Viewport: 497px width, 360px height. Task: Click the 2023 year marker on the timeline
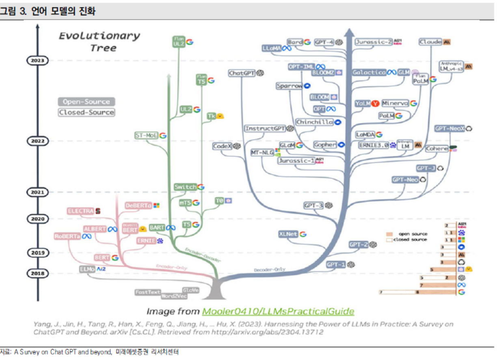(37, 60)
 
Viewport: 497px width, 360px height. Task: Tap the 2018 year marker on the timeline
(37, 274)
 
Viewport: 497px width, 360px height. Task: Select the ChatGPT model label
(242, 73)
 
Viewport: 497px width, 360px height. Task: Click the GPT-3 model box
(313, 206)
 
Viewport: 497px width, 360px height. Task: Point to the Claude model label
(430, 42)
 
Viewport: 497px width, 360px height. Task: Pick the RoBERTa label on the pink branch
(67, 236)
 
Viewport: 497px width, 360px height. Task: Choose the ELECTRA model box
(80, 211)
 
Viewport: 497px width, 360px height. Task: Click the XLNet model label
(288, 234)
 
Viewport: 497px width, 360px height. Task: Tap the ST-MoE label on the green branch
(147, 136)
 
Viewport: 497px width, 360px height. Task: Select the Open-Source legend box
(86, 102)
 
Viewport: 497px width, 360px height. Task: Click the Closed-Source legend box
(86, 112)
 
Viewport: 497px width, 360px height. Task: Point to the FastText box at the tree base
(148, 292)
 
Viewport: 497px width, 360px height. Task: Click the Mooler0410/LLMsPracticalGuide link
(278, 311)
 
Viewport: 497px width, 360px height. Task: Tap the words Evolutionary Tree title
(99, 42)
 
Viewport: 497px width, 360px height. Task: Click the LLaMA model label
(272, 48)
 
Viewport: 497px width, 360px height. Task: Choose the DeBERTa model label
(138, 206)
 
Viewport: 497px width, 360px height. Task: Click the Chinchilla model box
(314, 122)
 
